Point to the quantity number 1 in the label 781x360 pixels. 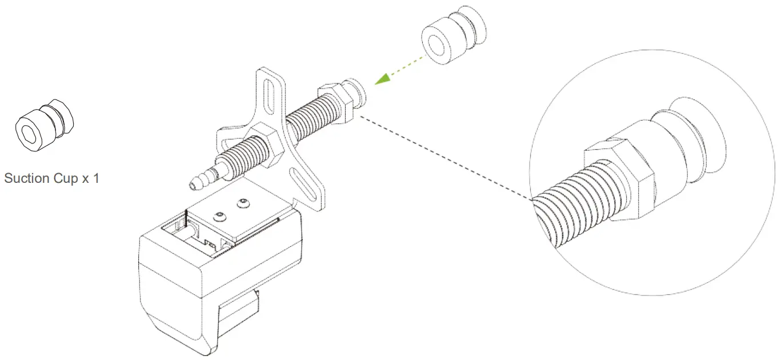[x=96, y=178]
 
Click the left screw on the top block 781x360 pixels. [x=220, y=215]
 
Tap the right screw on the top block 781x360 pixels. [x=244, y=203]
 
